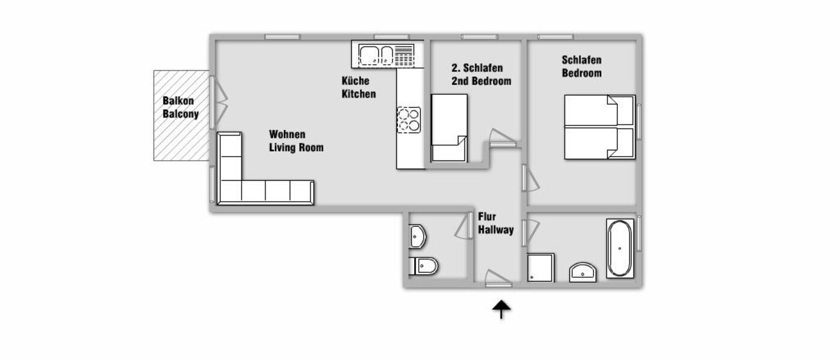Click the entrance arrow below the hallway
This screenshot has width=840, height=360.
[502, 310]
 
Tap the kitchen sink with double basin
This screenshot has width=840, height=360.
[377, 56]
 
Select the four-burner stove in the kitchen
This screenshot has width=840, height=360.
[409, 119]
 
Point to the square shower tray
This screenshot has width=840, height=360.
[540, 267]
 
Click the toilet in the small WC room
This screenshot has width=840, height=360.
[424, 265]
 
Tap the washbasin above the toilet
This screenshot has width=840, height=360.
[417, 236]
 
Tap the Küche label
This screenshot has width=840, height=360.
[356, 81]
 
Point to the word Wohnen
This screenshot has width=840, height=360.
[287, 134]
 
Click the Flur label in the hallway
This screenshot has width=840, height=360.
[487, 217]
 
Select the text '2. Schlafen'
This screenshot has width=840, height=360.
[477, 68]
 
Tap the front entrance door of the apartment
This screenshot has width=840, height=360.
[498, 279]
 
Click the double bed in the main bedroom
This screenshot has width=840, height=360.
[598, 127]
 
